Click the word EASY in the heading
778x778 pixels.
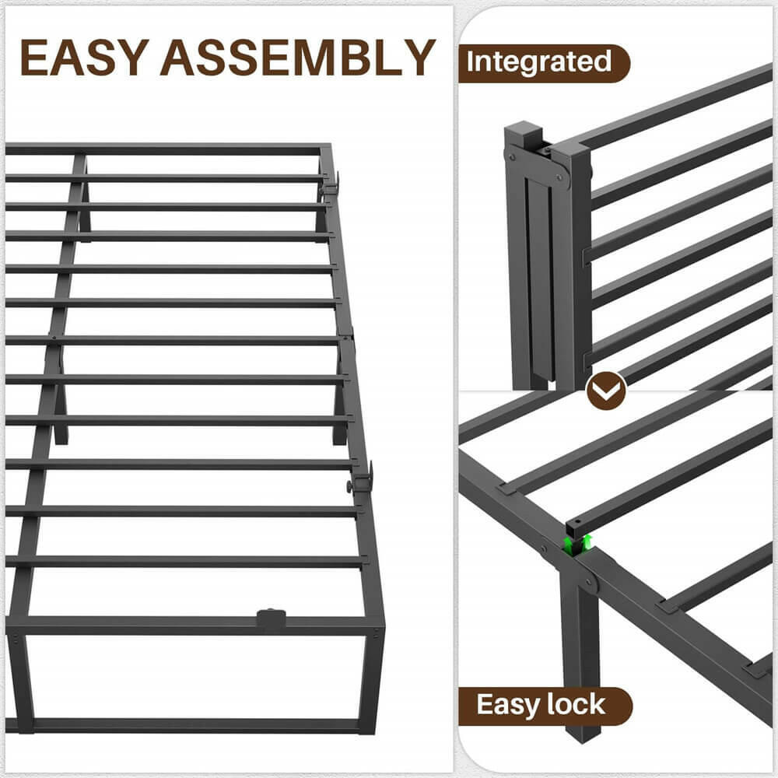[x=84, y=57]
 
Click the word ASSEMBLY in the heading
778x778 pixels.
[x=298, y=57]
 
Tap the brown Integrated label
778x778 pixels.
[x=544, y=63]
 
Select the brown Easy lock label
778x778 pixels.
[x=545, y=705]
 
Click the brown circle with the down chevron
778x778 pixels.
[x=606, y=391]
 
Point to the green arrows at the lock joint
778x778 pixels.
[x=579, y=545]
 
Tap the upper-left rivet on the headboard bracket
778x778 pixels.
[x=512, y=156]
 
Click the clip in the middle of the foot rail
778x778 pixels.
[x=271, y=619]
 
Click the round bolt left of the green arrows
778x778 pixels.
[x=545, y=550]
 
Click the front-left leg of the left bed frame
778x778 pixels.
[x=21, y=682]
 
